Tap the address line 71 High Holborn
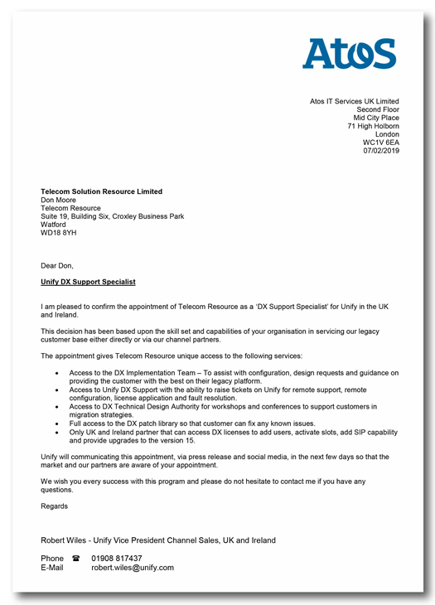(x=373, y=126)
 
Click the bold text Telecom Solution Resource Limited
(x=101, y=191)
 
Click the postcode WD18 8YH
(x=58, y=233)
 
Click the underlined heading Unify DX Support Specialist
(x=88, y=282)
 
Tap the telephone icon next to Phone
(x=76, y=559)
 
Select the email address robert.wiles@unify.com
(x=133, y=568)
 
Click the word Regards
(x=55, y=506)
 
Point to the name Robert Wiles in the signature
(x=65, y=540)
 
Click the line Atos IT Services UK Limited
(x=355, y=101)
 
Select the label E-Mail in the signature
(x=52, y=568)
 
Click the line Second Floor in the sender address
(x=378, y=109)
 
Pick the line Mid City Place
(x=376, y=118)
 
